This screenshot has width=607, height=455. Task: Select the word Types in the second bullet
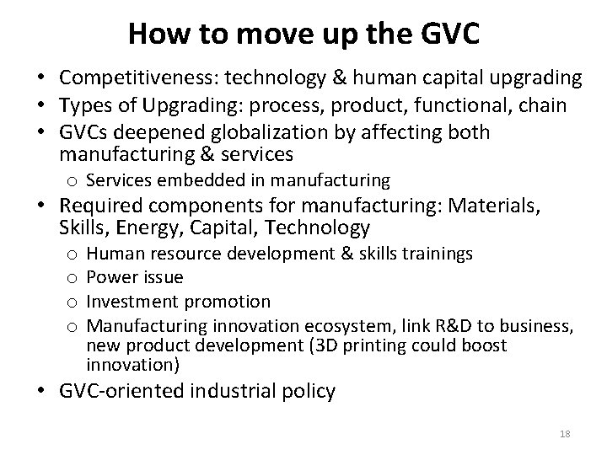click(x=85, y=104)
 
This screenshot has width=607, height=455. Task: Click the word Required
click(x=102, y=206)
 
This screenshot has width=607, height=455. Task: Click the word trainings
click(x=438, y=254)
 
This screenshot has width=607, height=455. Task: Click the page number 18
click(x=564, y=433)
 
